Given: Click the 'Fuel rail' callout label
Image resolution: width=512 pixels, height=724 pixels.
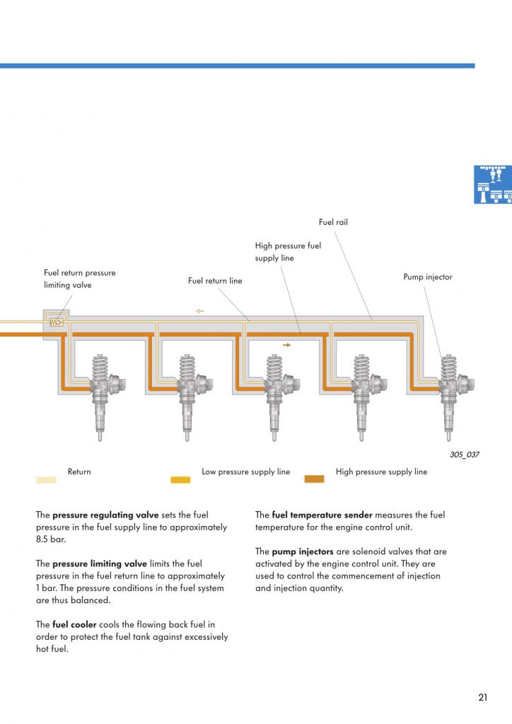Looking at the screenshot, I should [x=333, y=222].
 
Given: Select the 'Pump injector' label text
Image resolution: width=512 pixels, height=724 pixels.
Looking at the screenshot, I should [x=428, y=277].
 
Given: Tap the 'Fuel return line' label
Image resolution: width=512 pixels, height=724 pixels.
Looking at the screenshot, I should [x=215, y=281].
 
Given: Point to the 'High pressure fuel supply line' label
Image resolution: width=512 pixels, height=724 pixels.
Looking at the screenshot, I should [x=288, y=252].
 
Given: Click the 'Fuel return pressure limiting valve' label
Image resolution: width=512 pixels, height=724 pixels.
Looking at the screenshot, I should [x=79, y=279].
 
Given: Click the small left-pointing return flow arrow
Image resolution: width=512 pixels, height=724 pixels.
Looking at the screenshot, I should [x=199, y=310].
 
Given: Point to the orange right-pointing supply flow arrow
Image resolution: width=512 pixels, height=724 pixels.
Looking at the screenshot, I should [x=286, y=345].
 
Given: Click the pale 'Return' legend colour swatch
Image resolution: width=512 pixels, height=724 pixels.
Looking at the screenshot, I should [x=46, y=479].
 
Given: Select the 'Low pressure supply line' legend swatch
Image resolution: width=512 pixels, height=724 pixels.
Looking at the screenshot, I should [x=180, y=479].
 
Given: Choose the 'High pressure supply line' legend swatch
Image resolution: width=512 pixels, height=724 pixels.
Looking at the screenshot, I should [x=314, y=479].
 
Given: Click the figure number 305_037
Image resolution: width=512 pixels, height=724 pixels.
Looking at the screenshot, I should [x=464, y=455].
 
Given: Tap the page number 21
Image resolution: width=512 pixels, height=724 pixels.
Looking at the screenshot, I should [x=482, y=698].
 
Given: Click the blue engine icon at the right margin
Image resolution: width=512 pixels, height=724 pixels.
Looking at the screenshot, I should [x=492, y=185].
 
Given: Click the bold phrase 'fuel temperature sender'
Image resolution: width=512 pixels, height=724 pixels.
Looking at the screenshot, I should [x=322, y=515].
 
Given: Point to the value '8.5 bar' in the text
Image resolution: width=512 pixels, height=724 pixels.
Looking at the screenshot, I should [x=50, y=539].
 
